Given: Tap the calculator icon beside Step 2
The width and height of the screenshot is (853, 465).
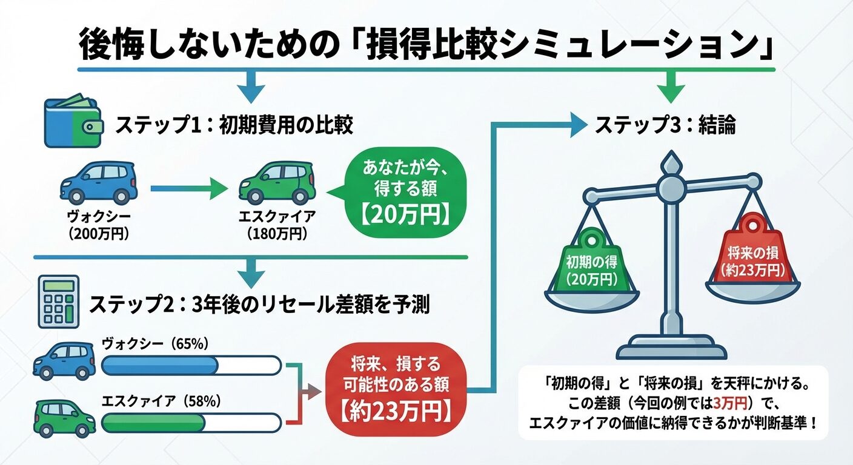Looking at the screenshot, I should (59, 301).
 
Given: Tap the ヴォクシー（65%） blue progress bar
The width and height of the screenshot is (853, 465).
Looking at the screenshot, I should (191, 366).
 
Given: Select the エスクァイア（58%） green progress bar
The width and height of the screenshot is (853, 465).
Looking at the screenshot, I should (191, 422).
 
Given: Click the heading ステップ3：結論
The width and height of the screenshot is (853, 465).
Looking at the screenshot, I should (665, 125).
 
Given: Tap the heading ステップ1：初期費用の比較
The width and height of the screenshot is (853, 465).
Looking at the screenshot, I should (234, 125).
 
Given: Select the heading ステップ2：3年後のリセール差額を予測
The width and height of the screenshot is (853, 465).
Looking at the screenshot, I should (259, 305).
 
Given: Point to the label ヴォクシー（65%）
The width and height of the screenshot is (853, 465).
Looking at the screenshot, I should (156, 344).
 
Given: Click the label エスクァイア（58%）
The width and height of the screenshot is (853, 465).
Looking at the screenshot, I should (161, 401).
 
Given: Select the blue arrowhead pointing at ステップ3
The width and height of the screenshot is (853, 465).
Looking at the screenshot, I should (576, 125).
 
